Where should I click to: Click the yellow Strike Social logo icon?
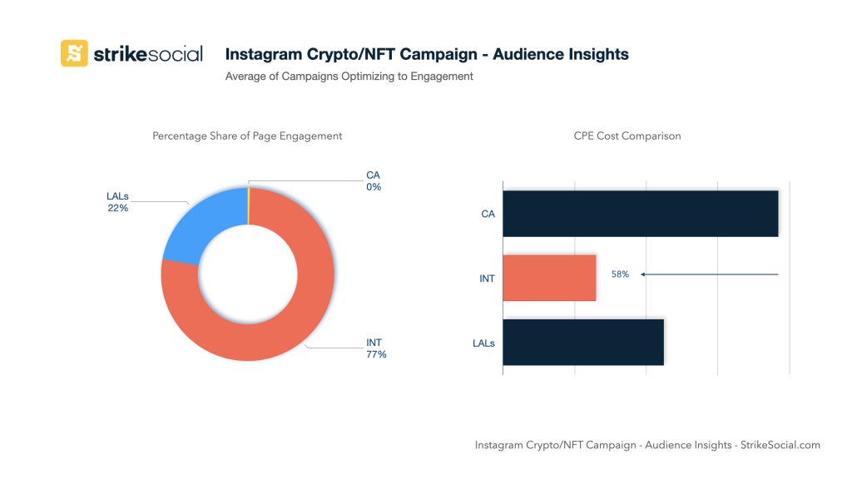tap(74, 53)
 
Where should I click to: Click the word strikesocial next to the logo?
tap(147, 54)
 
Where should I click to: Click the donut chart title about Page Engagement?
tap(247, 136)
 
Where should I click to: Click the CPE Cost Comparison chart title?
tap(627, 136)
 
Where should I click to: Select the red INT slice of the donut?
tap(275, 333)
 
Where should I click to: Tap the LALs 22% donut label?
tap(117, 202)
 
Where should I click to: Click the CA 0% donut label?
tap(373, 181)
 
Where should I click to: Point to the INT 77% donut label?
tap(376, 348)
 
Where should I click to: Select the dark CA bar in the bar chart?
tap(640, 214)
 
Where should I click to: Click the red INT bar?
tap(549, 278)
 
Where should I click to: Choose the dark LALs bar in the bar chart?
tap(583, 342)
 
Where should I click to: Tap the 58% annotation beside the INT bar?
tap(620, 274)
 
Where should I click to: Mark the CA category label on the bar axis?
tap(488, 215)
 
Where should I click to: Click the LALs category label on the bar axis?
tap(483, 343)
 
